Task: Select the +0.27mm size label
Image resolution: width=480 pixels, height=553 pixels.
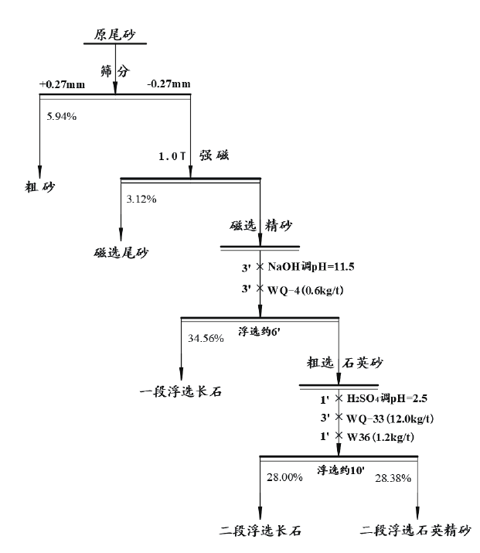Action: coord(62,84)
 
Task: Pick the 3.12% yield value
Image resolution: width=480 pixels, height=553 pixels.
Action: coord(141,199)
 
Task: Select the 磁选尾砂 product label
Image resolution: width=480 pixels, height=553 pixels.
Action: coord(121,252)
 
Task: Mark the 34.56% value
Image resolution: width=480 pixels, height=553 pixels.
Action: coord(206,338)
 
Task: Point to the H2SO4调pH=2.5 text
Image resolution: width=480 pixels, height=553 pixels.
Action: coord(385,398)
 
